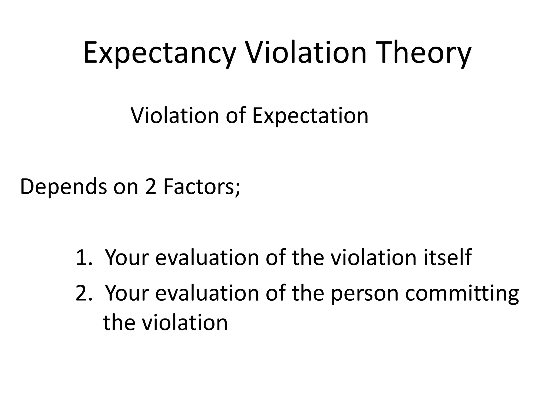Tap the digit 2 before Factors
151,187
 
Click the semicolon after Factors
237,190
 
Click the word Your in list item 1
127,257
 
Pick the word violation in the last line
185,323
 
